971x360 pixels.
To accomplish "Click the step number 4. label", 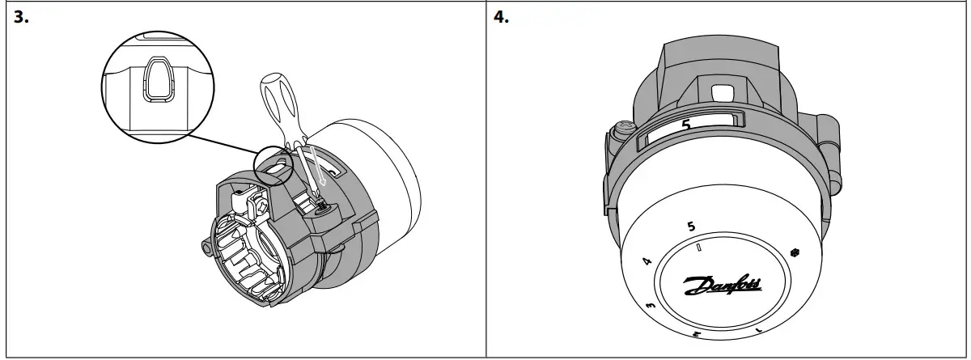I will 502,18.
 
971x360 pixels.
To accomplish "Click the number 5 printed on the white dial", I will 690,227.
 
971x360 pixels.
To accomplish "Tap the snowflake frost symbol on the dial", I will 795,252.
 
